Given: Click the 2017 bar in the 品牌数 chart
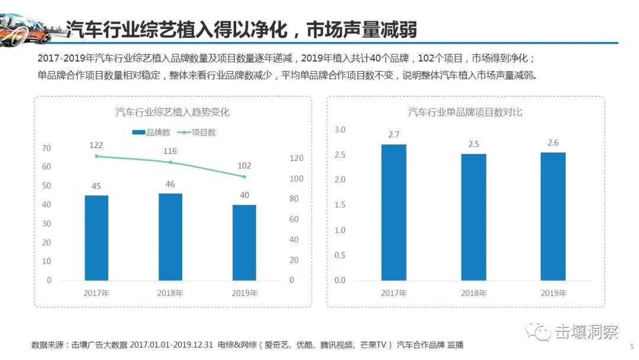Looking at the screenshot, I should (x=96, y=237).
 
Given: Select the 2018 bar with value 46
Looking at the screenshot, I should (x=170, y=236).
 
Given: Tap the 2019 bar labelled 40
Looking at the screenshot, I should (x=244, y=242).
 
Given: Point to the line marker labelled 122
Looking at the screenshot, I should (x=96, y=156).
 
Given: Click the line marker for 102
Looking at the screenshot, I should (x=244, y=176).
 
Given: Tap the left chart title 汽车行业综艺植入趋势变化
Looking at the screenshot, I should (x=172, y=112).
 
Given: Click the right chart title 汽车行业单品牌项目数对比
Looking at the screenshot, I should (x=465, y=112).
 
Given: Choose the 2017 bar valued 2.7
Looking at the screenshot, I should (x=393, y=212).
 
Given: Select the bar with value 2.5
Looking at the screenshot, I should (x=473, y=217).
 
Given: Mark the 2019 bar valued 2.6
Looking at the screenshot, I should (x=553, y=216).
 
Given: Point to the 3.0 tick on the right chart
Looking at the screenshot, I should (x=340, y=130).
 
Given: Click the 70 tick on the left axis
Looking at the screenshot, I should (x=47, y=148).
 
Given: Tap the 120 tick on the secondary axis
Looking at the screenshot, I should (x=296, y=158).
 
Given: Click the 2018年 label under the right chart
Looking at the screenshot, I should (x=473, y=293).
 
